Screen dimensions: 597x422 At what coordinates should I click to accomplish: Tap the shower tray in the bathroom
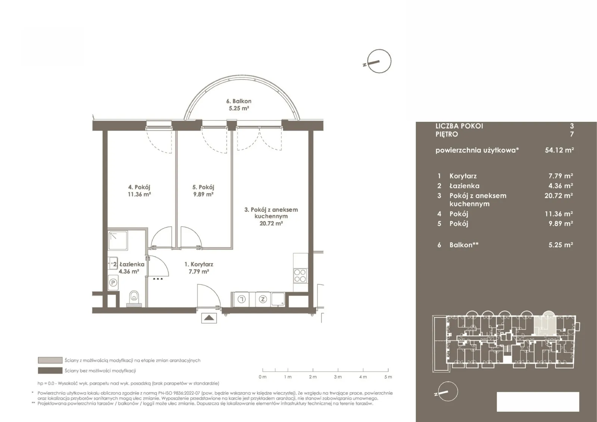[x=118, y=241]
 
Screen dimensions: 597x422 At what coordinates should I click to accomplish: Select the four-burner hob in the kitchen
[x=300, y=276]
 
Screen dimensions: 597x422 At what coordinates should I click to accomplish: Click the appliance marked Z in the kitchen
[x=263, y=299]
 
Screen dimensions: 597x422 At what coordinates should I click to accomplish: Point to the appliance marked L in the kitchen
[x=241, y=299]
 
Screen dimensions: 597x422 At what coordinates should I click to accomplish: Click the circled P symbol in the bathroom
[x=113, y=282]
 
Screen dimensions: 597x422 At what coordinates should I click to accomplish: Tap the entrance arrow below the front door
[x=209, y=318]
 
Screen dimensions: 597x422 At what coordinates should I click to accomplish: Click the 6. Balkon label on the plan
[x=239, y=101]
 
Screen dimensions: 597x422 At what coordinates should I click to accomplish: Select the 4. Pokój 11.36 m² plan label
[x=139, y=191]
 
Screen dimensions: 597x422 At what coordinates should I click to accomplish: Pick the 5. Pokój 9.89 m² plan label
[x=203, y=191]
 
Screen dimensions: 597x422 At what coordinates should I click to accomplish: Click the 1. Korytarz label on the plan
[x=199, y=264]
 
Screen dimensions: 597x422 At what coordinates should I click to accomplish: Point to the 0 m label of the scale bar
[x=263, y=377]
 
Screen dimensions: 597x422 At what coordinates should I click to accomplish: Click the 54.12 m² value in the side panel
[x=559, y=150]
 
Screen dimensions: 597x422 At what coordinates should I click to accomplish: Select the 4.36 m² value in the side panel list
[x=561, y=186]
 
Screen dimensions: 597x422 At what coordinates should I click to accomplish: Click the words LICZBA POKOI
[x=459, y=126]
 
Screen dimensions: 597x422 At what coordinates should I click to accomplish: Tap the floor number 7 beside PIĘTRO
[x=572, y=134]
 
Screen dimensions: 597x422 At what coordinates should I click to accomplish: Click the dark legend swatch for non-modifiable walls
[x=50, y=370]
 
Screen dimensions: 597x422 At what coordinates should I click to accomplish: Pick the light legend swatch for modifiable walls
[x=50, y=360]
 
